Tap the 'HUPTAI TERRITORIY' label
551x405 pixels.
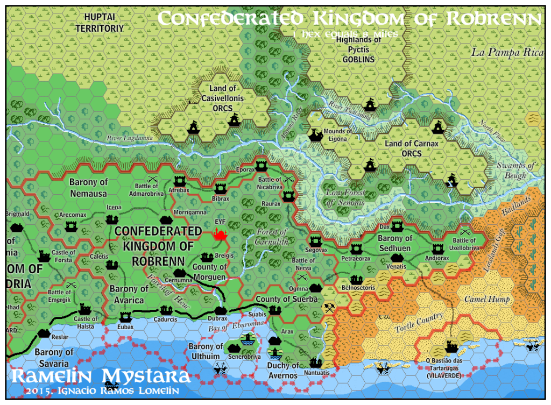click(x=99, y=23)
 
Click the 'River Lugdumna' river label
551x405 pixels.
click(x=129, y=138)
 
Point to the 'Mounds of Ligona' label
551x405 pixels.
click(x=337, y=135)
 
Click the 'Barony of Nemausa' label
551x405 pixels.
click(x=88, y=187)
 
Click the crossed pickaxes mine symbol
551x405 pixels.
click(x=329, y=308)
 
